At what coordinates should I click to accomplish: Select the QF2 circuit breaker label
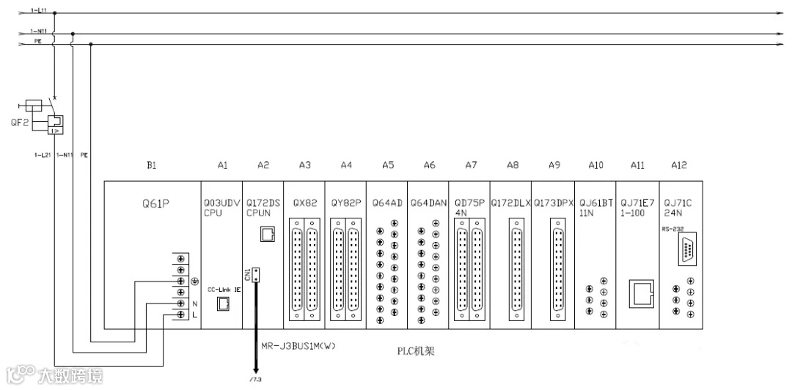20,122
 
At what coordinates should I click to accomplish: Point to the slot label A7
471,166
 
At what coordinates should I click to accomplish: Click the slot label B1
152,166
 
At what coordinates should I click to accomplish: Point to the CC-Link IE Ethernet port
222,303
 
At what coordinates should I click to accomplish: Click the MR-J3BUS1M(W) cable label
298,345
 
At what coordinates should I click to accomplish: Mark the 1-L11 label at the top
37,11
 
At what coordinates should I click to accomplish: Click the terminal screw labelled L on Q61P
180,314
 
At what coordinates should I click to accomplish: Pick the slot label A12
680,166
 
